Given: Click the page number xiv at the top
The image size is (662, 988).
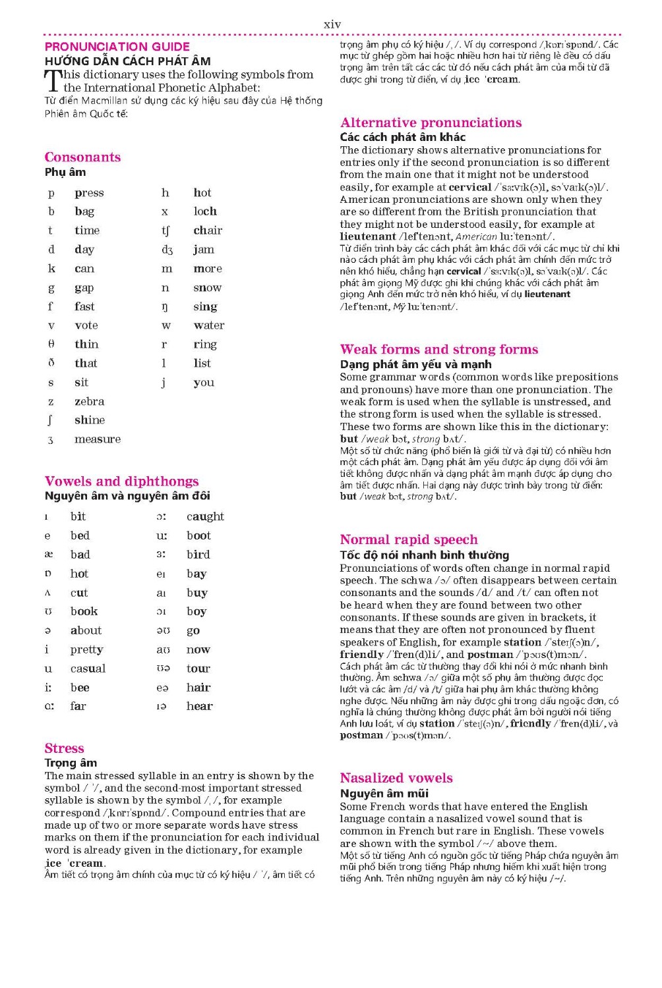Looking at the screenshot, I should pos(332,24).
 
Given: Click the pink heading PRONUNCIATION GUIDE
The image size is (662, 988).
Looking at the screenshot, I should pos(117,47).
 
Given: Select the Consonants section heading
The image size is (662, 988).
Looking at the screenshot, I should pos(82,157).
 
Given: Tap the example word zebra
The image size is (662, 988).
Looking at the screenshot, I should pos(89,401).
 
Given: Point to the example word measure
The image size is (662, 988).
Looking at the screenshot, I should pos(98,439).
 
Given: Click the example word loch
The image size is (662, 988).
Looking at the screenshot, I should pos(205,211).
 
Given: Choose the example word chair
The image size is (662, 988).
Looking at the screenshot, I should pos(208,231).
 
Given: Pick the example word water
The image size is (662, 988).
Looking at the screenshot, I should pos(209,325).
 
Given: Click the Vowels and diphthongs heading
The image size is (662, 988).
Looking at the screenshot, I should pos(121,481).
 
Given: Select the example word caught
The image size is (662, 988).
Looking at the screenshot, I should pos(205,517).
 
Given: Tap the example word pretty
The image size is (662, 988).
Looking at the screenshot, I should pos(87,650).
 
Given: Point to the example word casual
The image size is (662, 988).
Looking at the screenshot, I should pos(88,669).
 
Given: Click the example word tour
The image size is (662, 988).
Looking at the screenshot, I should pos(198,669).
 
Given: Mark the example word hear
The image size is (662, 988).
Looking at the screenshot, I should pos(199,706).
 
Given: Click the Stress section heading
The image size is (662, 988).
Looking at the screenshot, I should pos(64,748).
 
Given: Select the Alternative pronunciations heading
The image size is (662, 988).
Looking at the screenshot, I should pos(431,123).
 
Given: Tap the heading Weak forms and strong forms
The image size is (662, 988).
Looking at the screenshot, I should pos(439,349).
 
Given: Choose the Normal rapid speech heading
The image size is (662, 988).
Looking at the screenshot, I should pos(409,539).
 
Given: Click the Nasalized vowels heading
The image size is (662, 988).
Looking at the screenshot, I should pos(396,778).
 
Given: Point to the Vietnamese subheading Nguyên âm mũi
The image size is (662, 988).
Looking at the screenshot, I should pos(384,793).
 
